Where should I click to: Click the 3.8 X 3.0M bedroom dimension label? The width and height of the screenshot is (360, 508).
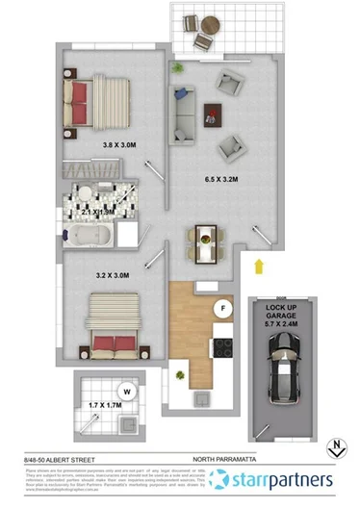pyautogui.click(x=120, y=146)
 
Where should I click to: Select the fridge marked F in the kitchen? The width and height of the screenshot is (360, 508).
pyautogui.click(x=222, y=308)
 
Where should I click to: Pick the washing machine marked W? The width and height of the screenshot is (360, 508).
pyautogui.click(x=126, y=391)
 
